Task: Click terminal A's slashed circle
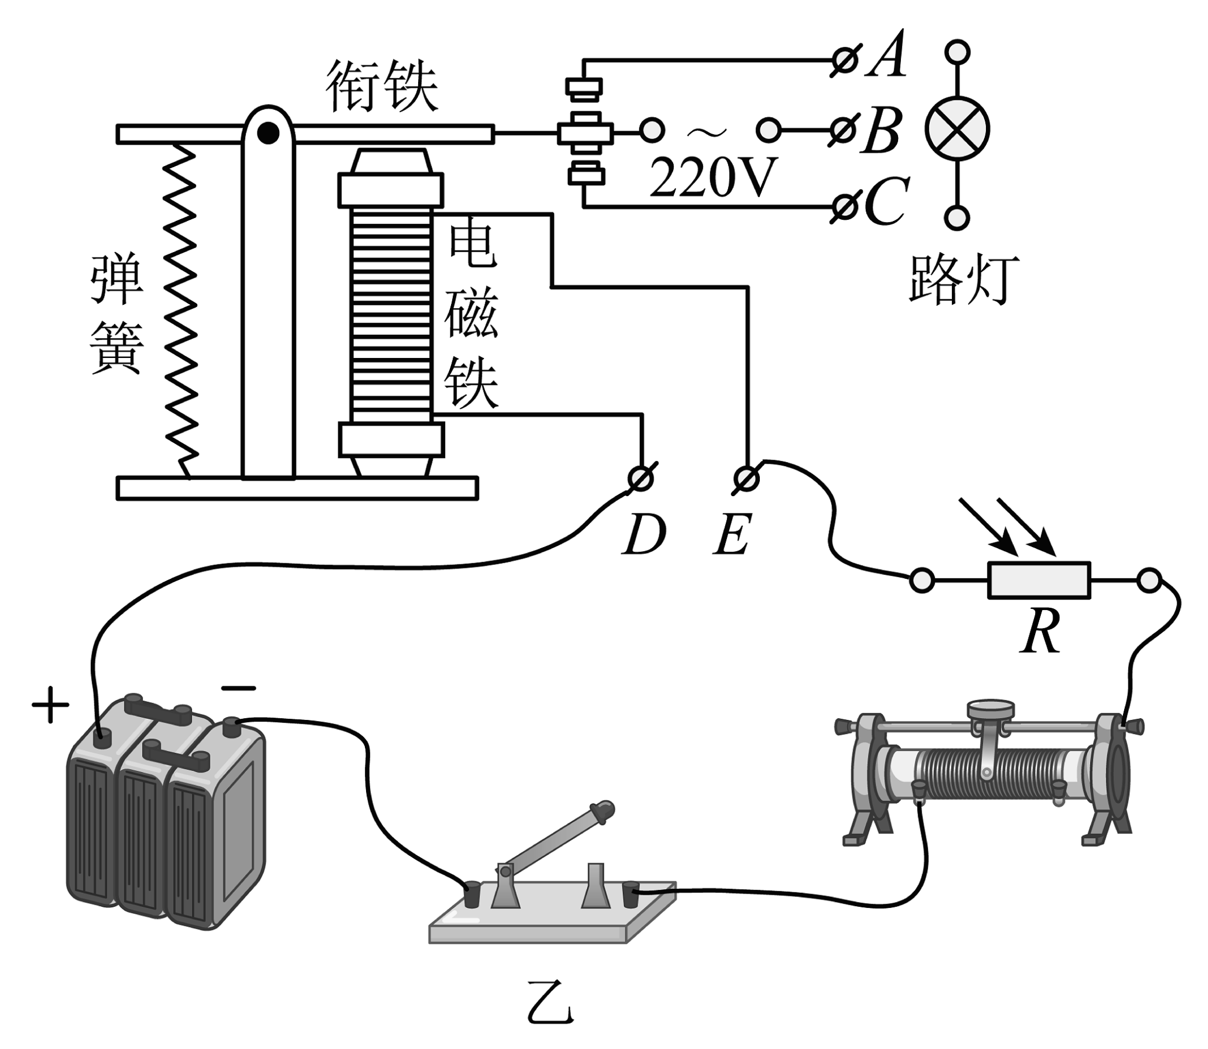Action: click(x=845, y=60)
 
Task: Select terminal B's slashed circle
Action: click(x=843, y=131)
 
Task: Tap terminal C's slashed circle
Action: click(x=844, y=207)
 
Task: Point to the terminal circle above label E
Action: click(x=747, y=479)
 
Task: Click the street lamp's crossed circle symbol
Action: click(x=957, y=130)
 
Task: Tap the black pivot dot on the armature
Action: click(x=268, y=134)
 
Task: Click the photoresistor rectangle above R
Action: click(x=1039, y=581)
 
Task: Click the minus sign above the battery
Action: click(x=238, y=688)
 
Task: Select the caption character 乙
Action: click(x=550, y=1003)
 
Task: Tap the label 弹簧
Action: click(x=116, y=313)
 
